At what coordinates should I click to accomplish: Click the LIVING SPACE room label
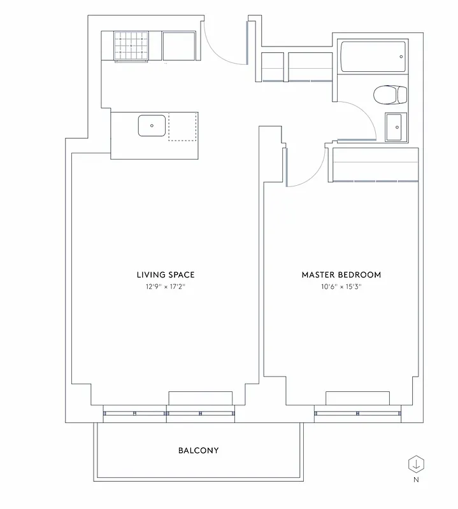point(165,275)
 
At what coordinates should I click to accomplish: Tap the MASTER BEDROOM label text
point(341,275)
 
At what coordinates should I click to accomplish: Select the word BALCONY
point(198,450)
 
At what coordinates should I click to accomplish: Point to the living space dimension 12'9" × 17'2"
point(165,287)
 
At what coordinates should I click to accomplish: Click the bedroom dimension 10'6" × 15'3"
point(341,287)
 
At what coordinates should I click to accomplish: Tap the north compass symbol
point(415,463)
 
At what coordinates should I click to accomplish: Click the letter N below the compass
point(415,480)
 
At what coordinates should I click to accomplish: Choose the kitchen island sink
point(152,126)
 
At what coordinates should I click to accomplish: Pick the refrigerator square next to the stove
point(179,46)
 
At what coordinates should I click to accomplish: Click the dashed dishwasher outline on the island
point(182,127)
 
